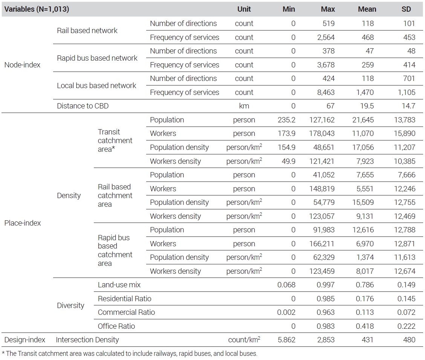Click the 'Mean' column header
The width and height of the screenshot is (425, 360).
(x=367, y=9)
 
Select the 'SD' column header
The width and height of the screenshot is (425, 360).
(x=406, y=9)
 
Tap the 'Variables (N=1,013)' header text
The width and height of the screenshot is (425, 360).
(x=37, y=9)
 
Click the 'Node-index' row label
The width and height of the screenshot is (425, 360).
(x=22, y=65)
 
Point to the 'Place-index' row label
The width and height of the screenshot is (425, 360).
(x=23, y=223)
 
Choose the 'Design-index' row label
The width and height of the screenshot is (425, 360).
(x=24, y=340)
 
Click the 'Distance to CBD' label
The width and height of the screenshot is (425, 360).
(x=83, y=106)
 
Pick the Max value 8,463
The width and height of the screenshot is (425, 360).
(x=326, y=92)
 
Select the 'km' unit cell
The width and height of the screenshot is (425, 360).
(x=244, y=106)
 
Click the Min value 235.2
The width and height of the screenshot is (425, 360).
(x=286, y=120)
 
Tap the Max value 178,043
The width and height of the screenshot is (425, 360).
(x=322, y=134)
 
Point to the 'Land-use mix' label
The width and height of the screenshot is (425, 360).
(x=119, y=285)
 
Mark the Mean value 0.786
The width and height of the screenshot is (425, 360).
(x=365, y=285)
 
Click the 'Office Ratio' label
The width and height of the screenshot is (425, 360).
(x=116, y=326)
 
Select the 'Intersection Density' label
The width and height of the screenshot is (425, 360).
(x=87, y=340)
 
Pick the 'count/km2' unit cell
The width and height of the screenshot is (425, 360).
(x=244, y=339)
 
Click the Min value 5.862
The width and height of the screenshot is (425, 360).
(x=286, y=340)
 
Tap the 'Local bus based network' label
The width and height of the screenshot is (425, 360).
(x=96, y=85)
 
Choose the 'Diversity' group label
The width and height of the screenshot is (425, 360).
(x=70, y=305)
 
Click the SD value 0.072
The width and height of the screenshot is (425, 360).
(x=406, y=312)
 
